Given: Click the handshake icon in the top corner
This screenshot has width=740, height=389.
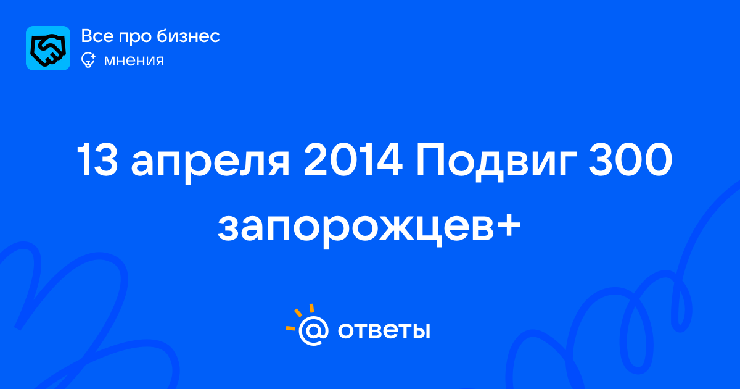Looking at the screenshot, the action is point(48,48).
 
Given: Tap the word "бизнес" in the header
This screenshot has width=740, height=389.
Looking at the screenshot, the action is point(188,36).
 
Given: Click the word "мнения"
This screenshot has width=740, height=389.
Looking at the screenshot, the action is point(134,61).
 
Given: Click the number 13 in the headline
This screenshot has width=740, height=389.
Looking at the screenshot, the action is point(97,160).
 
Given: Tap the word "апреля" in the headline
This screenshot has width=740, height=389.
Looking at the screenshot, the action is point(210,164).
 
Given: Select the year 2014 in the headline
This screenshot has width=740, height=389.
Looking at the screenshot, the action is point(353,160).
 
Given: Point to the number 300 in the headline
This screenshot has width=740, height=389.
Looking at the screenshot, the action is point(630,160).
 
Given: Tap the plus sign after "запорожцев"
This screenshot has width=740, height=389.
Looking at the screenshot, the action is point(508,225).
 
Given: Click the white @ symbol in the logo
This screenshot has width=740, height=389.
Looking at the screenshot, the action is point(313,330).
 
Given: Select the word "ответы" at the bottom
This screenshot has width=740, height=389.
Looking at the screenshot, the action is point(384,330).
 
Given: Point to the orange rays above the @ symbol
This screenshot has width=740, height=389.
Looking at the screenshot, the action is point(300,316).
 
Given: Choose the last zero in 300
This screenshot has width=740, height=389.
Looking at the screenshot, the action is point(657,160).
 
